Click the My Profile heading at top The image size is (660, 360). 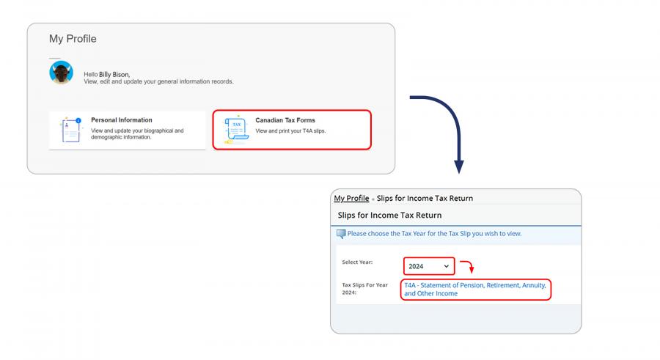click(73, 39)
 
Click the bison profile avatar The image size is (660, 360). click(61, 73)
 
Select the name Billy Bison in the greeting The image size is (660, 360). click(114, 75)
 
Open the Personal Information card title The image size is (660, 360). click(122, 120)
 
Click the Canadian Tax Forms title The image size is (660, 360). click(285, 120)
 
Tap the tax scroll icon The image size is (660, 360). click(235, 131)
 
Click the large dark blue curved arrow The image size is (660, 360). click(448, 125)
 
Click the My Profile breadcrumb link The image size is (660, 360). click(351, 198)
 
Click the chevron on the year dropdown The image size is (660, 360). click(447, 265)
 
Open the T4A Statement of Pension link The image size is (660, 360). click(475, 289)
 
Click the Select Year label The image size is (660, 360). click(359, 262)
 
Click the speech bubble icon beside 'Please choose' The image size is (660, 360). click(341, 234)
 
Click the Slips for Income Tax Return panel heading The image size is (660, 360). click(389, 215)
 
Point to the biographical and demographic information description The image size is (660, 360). click(137, 133)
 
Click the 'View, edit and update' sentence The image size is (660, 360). click(158, 81)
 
